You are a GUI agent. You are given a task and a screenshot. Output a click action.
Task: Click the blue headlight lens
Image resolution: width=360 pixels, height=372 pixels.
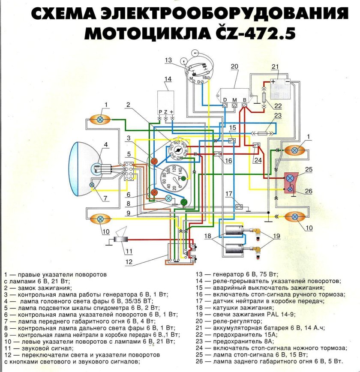(x=81, y=169)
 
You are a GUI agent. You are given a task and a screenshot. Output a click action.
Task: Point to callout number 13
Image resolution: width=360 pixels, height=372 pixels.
(x=168, y=60)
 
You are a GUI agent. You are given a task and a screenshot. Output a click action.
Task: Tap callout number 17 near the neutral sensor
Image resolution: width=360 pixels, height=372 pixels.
(x=229, y=193)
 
